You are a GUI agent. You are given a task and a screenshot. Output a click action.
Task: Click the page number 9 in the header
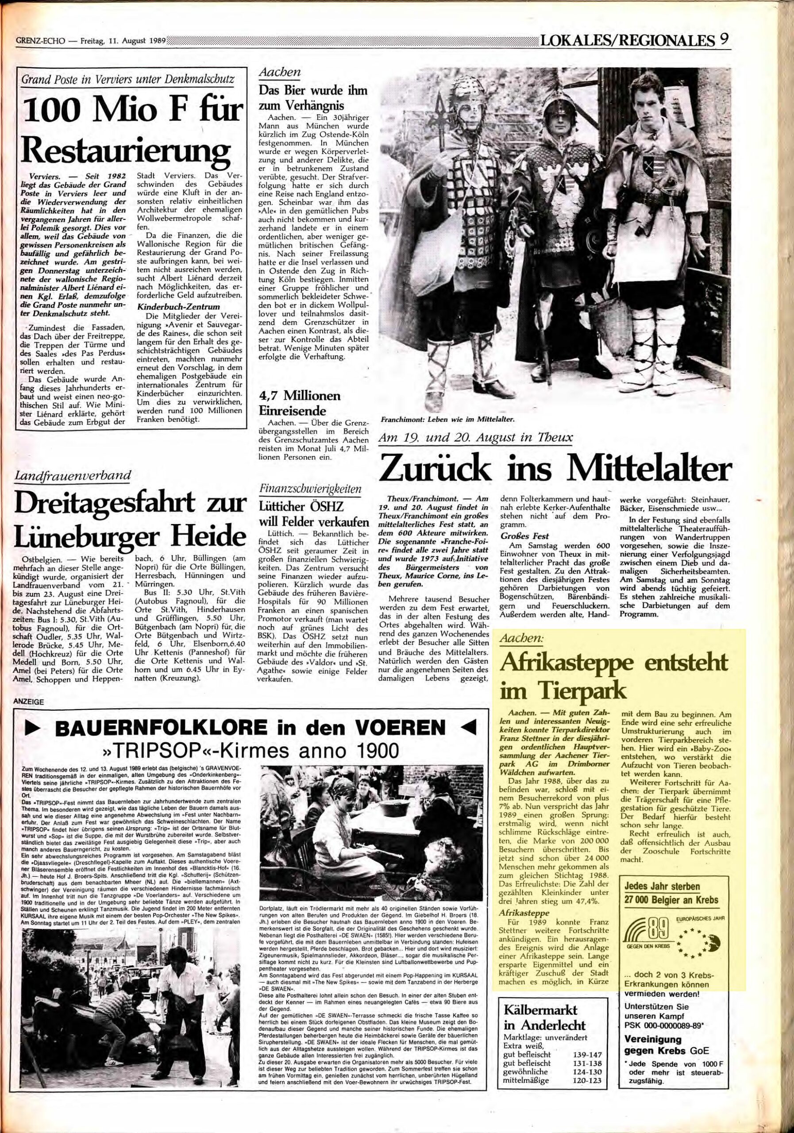(x=725, y=39)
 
